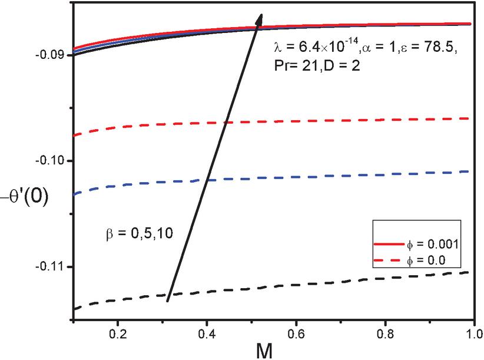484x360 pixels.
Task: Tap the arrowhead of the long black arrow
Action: (260, 18)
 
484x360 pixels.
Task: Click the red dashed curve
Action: (353, 120)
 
